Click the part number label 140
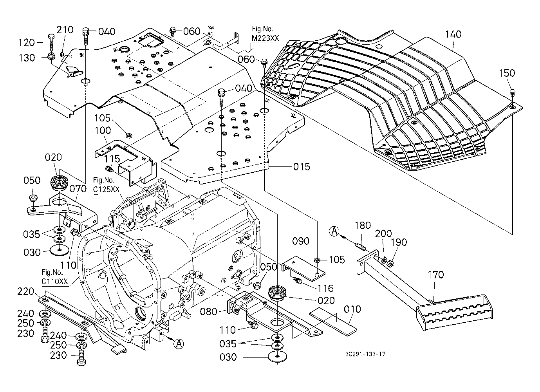tap(453, 34)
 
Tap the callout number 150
tap(507, 73)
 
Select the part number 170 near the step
tap(435, 275)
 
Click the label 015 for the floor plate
tap(302, 167)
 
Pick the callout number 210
tap(65, 30)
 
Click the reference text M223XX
tap(266, 37)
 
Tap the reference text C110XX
tap(55, 281)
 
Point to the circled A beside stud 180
tap(334, 231)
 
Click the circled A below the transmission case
tap(179, 344)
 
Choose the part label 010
tap(352, 309)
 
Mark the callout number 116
tap(325, 289)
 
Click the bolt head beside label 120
tap(51, 37)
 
